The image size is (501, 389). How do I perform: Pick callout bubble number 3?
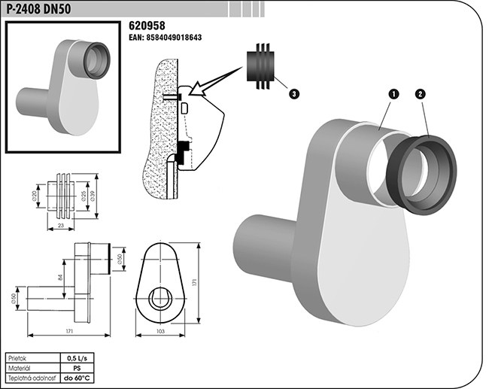[294, 93]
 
